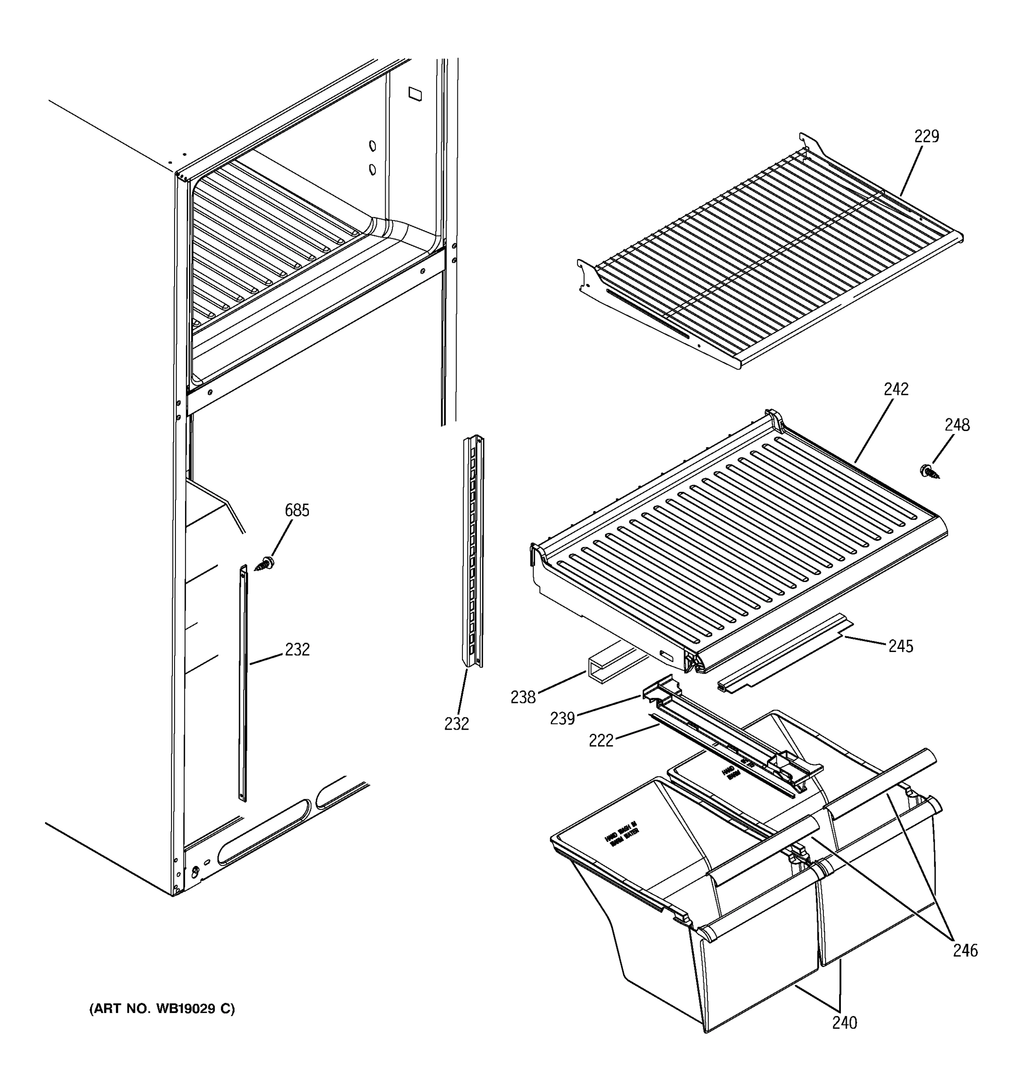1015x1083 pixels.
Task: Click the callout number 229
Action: point(926,136)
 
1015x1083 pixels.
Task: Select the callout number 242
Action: point(896,389)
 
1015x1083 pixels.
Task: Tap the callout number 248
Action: point(957,425)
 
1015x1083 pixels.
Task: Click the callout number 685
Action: point(297,510)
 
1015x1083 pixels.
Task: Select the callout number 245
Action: point(901,646)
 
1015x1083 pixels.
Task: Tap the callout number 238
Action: point(523,697)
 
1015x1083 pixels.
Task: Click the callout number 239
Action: point(562,719)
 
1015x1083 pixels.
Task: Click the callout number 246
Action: point(965,951)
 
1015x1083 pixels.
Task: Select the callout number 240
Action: point(844,1023)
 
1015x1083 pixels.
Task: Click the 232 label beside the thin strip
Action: point(297,649)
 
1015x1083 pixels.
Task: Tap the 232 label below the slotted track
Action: point(457,723)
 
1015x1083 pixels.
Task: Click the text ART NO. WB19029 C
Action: point(162,1009)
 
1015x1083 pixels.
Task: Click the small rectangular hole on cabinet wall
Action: point(415,94)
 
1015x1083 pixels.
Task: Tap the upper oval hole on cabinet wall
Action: point(373,146)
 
